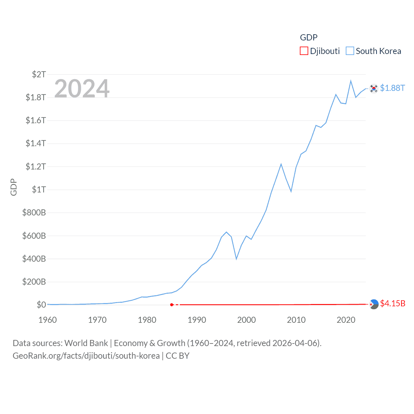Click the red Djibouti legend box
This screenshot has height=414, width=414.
pyautogui.click(x=304, y=51)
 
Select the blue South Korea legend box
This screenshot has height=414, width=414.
pyautogui.click(x=350, y=51)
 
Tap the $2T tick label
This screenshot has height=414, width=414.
pyautogui.click(x=39, y=74)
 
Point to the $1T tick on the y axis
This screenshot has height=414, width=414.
pyautogui.click(x=39, y=190)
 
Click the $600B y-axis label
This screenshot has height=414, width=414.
pyautogui.click(x=34, y=236)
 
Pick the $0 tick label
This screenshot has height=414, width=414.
pyautogui.click(x=41, y=305)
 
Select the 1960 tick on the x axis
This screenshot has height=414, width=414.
pyautogui.click(x=48, y=320)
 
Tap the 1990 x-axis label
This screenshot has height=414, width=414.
pyautogui.click(x=197, y=320)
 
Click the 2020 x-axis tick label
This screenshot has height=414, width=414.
pyautogui.click(x=346, y=320)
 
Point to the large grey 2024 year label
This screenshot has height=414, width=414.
pyautogui.click(x=82, y=89)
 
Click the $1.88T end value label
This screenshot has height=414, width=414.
pyautogui.click(x=392, y=88)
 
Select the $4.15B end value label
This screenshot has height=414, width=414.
pyautogui.click(x=393, y=303)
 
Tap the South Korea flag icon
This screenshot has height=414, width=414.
pyautogui.click(x=374, y=88)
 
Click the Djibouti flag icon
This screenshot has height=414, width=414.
pyautogui.click(x=374, y=304)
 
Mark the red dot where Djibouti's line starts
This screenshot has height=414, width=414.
pyautogui.click(x=172, y=305)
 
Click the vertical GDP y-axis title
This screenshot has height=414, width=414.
pyautogui.click(x=14, y=187)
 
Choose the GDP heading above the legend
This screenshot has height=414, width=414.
pyautogui.click(x=309, y=38)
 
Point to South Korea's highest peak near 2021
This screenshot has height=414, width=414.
pyautogui.click(x=351, y=81)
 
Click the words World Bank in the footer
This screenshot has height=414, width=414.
pyautogui.click(x=86, y=343)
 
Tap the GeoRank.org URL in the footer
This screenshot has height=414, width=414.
pyautogui.click(x=86, y=356)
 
